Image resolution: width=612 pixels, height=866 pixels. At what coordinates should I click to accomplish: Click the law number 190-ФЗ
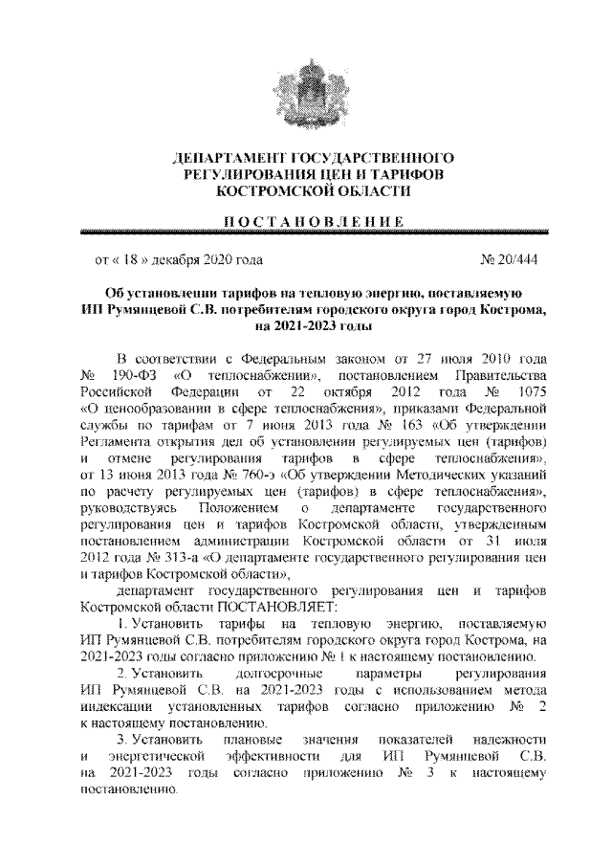coord(127,375)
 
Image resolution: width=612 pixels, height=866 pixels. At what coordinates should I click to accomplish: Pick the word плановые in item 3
coord(251,743)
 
